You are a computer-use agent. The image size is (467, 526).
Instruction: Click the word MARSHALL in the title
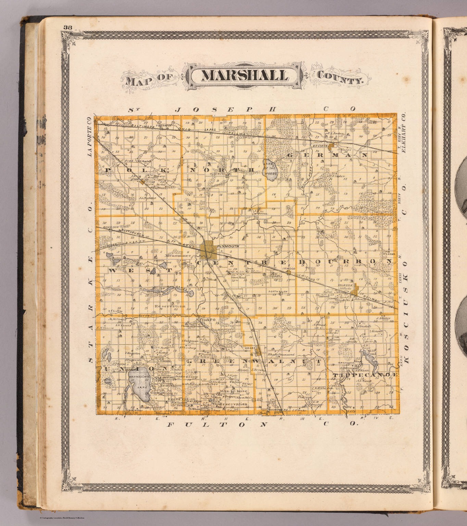(x=244, y=76)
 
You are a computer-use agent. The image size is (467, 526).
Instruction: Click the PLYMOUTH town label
(x=228, y=246)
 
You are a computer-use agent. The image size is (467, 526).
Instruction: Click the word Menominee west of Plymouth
(x=178, y=255)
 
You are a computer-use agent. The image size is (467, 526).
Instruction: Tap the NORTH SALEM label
(x=277, y=291)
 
